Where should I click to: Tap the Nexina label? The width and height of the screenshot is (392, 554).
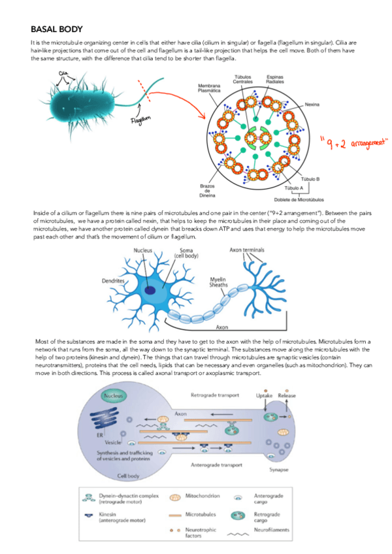pyautogui.click(x=313, y=104)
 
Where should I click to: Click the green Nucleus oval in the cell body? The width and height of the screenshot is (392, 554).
pyautogui.click(x=114, y=395)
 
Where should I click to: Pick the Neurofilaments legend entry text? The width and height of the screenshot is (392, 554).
pyautogui.click(x=271, y=530)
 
